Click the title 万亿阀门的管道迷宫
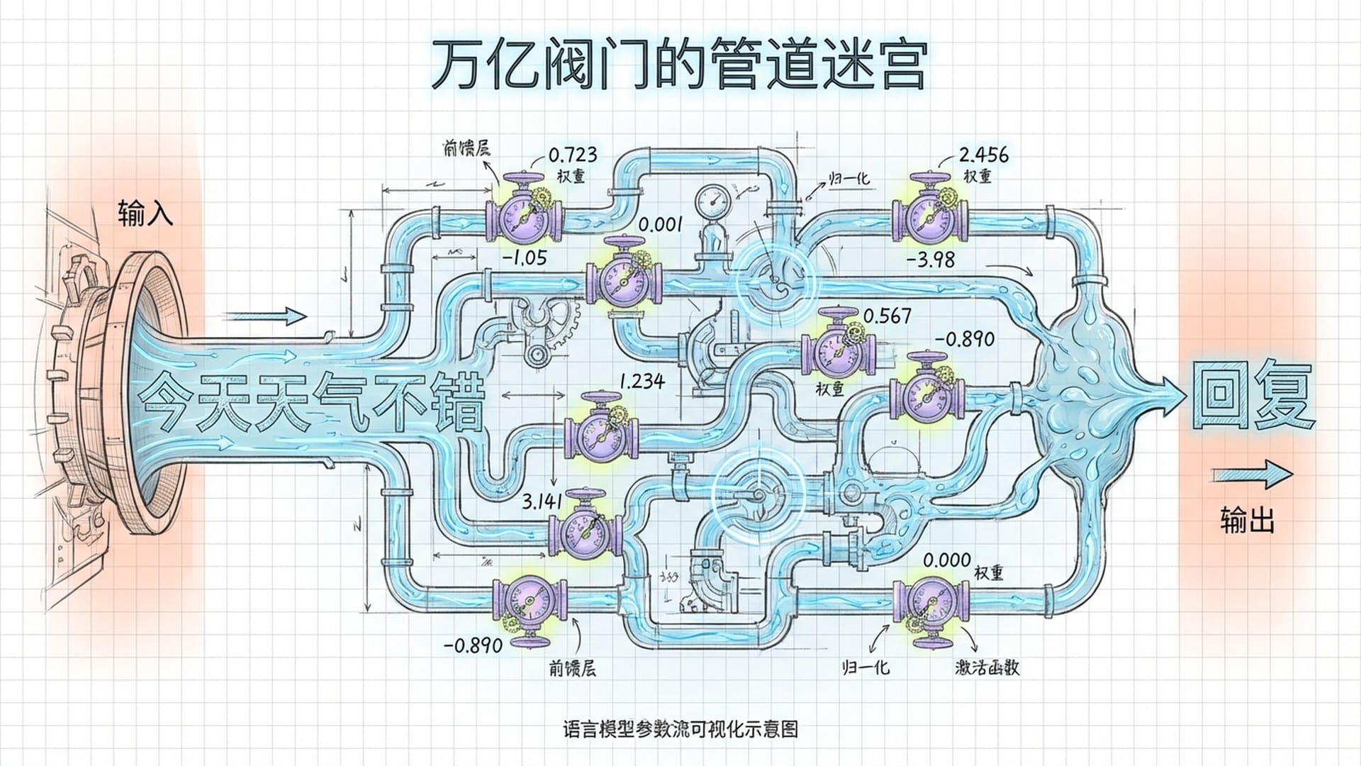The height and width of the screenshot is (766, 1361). [x=679, y=65]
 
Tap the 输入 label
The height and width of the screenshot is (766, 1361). [x=145, y=213]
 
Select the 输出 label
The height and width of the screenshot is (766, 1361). [x=1247, y=520]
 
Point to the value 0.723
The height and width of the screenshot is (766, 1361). [x=573, y=155]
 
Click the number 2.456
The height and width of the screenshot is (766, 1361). [x=983, y=155]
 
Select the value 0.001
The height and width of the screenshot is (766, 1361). [x=660, y=225]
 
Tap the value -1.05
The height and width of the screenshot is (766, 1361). [x=525, y=257]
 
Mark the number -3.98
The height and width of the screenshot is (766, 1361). [x=931, y=260]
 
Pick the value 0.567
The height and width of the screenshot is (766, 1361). [x=887, y=316]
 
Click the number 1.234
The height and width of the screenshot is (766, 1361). [x=642, y=382]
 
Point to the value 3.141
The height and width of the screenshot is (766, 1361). [x=542, y=501]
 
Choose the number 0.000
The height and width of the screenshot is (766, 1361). [x=946, y=560]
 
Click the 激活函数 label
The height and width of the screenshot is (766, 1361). [x=987, y=667]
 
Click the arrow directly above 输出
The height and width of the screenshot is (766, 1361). [x=1252, y=475]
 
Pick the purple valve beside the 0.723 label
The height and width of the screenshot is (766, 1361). [x=525, y=215]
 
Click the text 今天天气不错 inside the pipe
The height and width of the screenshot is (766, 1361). [x=312, y=402]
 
